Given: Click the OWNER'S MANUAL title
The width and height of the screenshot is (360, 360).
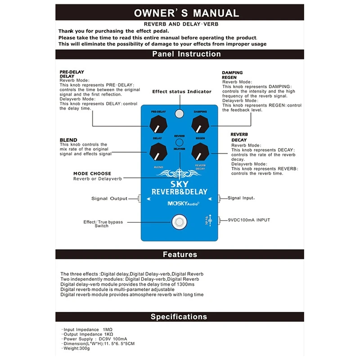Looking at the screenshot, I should coord(186,13).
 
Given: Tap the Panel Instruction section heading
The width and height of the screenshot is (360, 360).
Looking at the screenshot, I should coord(186,54).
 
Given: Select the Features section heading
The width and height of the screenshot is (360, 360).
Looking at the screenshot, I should coord(180,254).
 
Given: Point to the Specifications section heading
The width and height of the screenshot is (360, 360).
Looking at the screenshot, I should coord(179,316).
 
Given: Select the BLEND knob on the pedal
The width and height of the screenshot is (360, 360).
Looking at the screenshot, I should coord(158,153).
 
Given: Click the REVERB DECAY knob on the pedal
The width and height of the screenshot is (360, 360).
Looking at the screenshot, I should coord(200,153).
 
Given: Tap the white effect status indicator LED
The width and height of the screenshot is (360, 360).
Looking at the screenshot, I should coord(180,113).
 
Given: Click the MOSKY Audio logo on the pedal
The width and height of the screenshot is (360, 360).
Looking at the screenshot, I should coord(180,202).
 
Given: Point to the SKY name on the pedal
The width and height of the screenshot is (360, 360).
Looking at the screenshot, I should coord(180,184).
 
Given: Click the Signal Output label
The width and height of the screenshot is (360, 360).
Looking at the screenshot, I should coord(109,198).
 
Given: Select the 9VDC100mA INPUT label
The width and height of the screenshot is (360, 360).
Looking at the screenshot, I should coord(249,220).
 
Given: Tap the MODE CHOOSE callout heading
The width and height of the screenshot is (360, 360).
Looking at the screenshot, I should coord(92,174).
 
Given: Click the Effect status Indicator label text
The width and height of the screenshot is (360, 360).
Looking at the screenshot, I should coord(181,91).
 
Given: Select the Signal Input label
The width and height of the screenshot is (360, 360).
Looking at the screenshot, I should coord(241,198).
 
